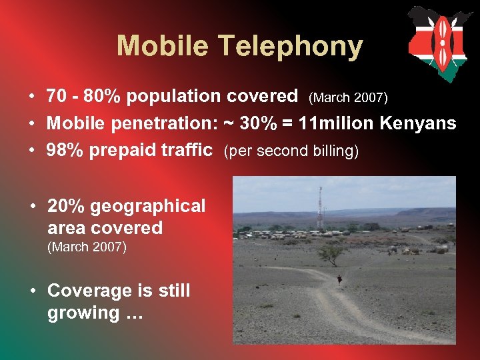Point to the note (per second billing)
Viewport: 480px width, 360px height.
coord(292,151)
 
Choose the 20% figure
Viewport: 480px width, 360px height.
coord(65,206)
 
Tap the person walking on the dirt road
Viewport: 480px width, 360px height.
coord(341,281)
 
